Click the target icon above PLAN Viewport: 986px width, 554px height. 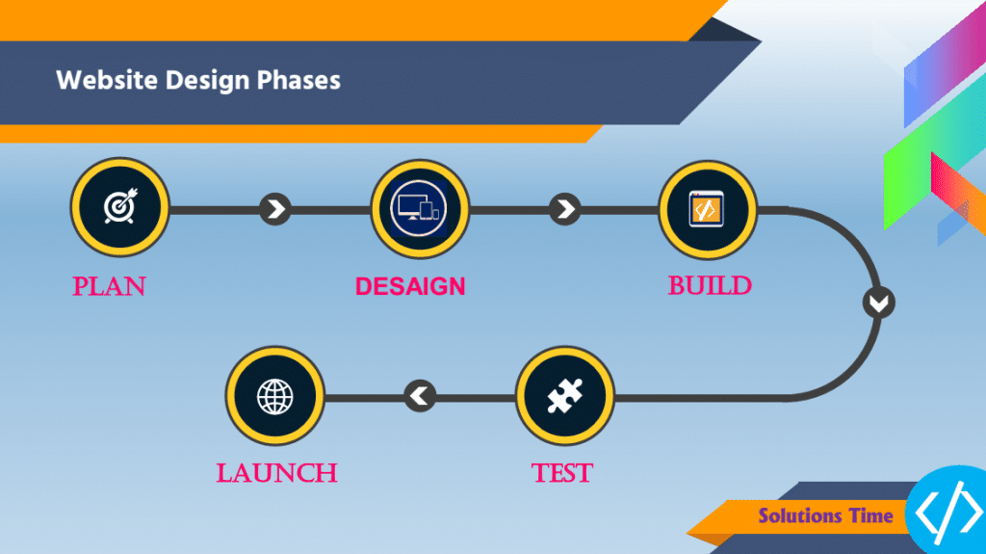tap(120, 206)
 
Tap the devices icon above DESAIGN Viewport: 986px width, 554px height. tap(420, 208)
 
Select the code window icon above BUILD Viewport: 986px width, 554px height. tap(707, 209)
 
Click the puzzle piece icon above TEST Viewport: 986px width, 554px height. tap(564, 396)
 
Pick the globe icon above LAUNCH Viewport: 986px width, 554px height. tap(274, 397)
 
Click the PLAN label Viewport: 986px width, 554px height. tap(109, 286)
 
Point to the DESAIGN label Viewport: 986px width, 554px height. tap(410, 286)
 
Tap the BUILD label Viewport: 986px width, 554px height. tap(710, 286)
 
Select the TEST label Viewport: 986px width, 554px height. tap(562, 473)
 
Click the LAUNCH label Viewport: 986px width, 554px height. tap(276, 473)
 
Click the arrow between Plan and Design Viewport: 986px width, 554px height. tap(274, 209)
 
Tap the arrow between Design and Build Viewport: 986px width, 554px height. tap(564, 209)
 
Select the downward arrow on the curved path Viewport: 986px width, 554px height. tap(878, 303)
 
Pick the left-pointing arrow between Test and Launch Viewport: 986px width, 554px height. tap(420, 396)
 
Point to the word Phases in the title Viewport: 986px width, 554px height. tap(298, 81)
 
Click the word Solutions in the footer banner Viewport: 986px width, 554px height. tap(798, 515)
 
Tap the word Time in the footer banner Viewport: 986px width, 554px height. tap(870, 515)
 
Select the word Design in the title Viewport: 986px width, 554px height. tap(208, 81)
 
